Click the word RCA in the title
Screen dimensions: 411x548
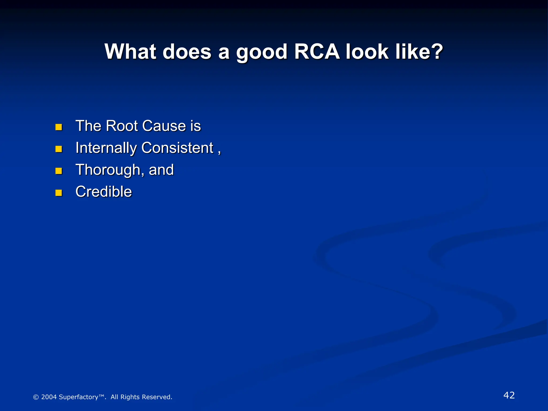317,51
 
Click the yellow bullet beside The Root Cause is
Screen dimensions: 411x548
59,127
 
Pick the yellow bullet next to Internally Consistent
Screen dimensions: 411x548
59,149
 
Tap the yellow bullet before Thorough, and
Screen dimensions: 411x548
59,171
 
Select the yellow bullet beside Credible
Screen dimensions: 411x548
59,193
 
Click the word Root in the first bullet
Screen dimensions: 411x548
121,126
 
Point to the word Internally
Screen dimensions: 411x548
106,148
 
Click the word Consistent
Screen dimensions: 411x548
177,148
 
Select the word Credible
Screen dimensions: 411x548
104,192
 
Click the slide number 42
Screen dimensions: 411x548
509,395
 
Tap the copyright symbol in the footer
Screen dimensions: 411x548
36,397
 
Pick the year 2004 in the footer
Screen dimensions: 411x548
49,397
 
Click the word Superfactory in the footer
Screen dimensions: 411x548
78,397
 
